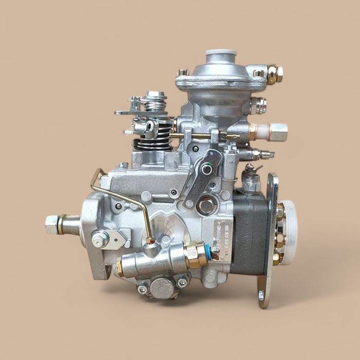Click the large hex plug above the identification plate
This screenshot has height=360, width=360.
click(x=207, y=205)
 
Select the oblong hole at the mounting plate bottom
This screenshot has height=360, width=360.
click(x=261, y=295)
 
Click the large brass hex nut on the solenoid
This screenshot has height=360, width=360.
click(x=195, y=255)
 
